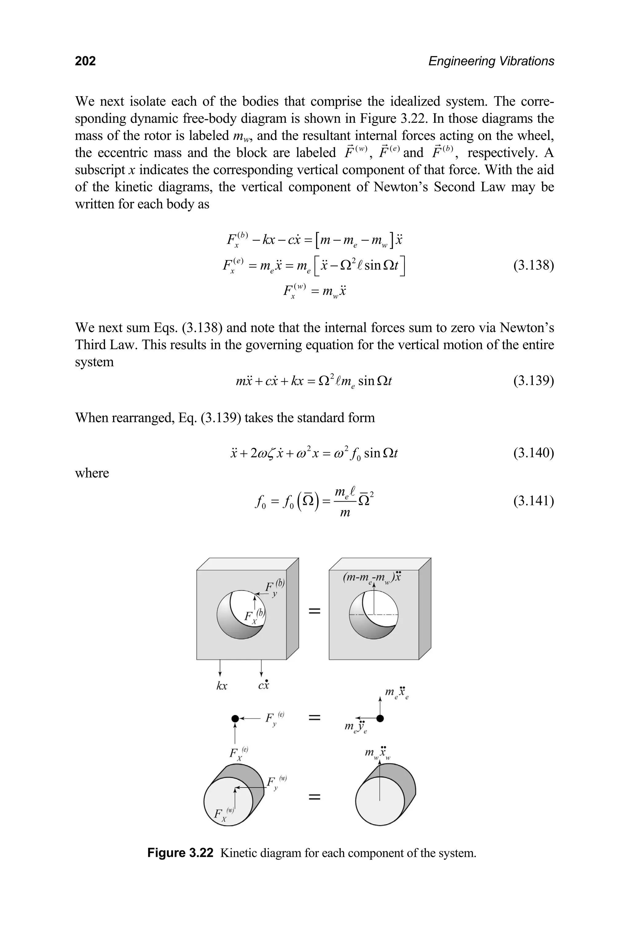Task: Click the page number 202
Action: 85,61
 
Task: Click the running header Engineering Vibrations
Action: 491,61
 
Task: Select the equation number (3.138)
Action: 533,266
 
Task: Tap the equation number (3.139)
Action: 533,380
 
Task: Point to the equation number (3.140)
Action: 533,453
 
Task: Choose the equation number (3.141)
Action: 533,501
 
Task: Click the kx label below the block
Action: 221,686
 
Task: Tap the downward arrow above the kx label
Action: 220,669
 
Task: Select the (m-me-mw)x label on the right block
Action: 372,578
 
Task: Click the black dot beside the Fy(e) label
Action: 236,718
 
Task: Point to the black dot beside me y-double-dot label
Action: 380,718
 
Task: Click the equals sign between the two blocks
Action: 314,611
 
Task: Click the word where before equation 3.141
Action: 92,473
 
